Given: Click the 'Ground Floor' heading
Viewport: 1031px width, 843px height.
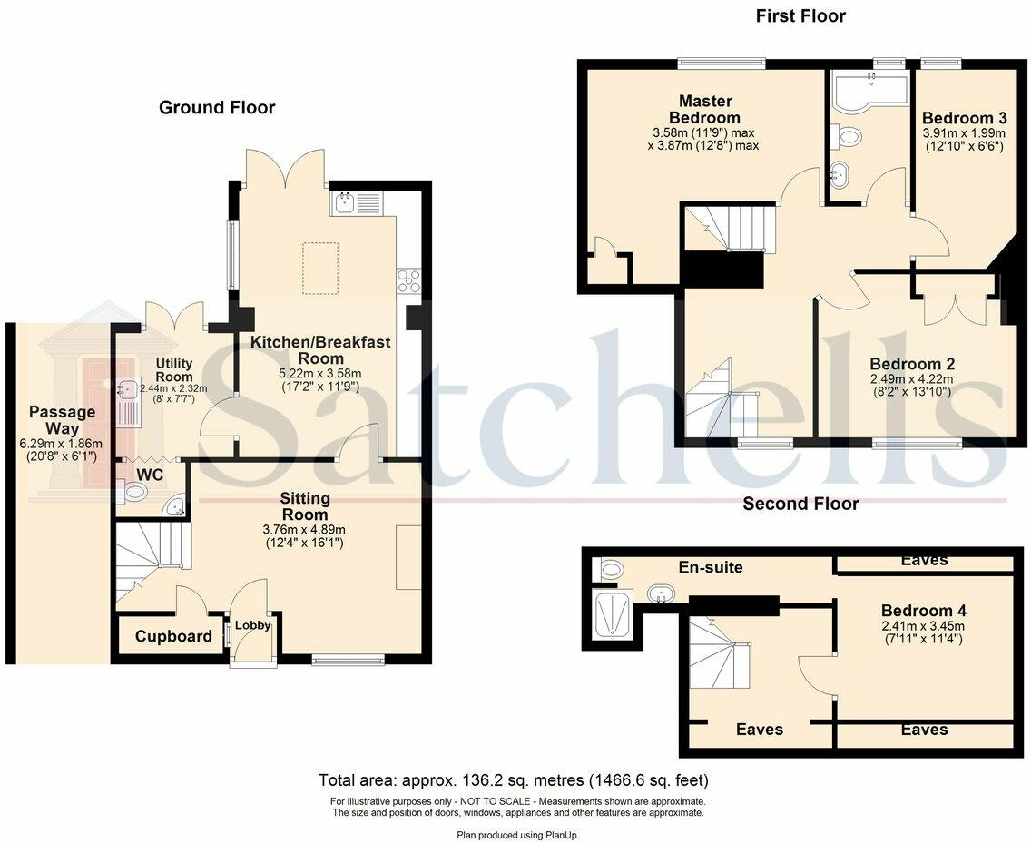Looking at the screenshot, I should [217, 108].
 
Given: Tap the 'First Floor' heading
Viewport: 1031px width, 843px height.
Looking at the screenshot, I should [800, 16].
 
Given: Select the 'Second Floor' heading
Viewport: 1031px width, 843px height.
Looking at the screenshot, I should [800, 504].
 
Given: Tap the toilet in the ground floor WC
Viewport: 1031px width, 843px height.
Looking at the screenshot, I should [133, 493].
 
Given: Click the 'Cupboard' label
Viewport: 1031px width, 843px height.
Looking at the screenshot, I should [173, 637].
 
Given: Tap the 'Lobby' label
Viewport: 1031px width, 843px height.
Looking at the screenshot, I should [248, 626].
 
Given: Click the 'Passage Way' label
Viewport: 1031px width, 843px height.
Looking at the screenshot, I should [61, 420].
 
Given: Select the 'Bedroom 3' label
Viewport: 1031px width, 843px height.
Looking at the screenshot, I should [964, 118].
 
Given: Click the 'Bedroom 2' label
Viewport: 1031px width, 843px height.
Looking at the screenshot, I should [910, 364].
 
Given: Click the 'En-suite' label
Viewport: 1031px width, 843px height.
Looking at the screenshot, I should [712, 568].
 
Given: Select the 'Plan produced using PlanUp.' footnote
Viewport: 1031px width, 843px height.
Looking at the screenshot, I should [517, 834].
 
